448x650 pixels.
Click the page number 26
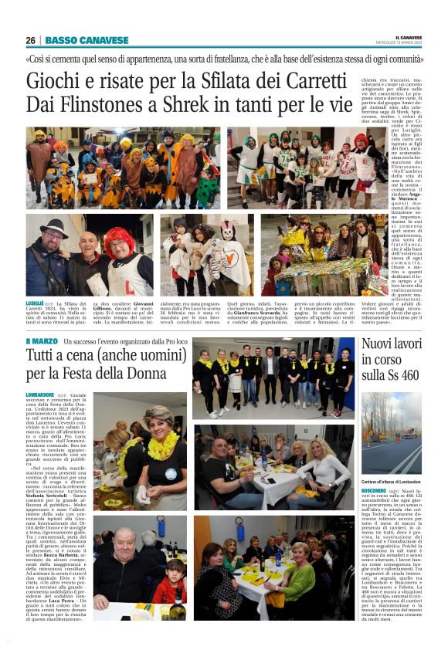pyautogui.click(x=30, y=40)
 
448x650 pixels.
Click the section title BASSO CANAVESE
pyautogui.click(x=87, y=40)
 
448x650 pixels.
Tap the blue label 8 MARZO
pyautogui.click(x=41, y=340)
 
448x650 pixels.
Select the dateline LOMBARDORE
pyautogui.click(x=40, y=394)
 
